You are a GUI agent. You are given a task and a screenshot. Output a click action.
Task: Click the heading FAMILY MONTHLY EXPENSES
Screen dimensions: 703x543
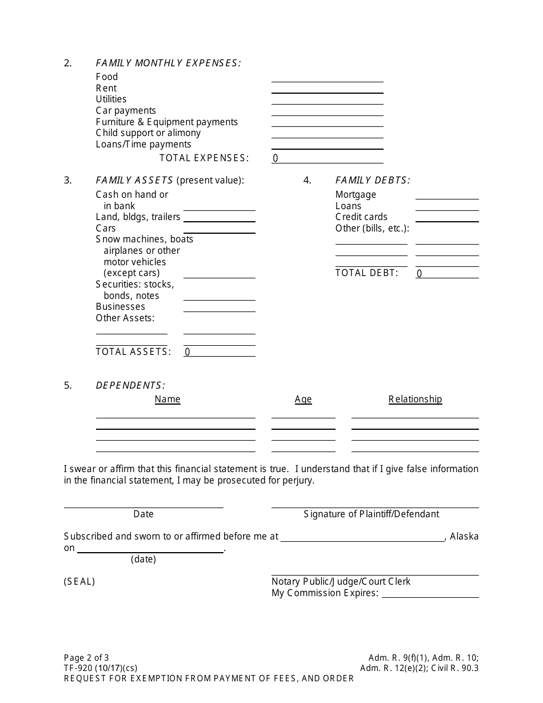pyautogui.click(x=168, y=63)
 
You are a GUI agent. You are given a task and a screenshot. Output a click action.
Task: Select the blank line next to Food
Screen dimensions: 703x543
pyautogui.click(x=327, y=78)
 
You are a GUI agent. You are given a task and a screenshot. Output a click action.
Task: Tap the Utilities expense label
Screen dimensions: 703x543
pyautogui.click(x=111, y=99)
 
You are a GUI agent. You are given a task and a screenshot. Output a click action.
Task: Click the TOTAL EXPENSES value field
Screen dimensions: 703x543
pyautogui.click(x=327, y=158)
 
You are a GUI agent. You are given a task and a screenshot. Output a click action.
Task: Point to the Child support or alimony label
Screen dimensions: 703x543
pyautogui.click(x=148, y=133)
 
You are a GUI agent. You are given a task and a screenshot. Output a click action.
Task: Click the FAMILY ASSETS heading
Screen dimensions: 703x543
pyautogui.click(x=134, y=181)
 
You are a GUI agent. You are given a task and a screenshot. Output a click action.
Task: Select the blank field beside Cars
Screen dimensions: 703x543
pyautogui.click(x=219, y=229)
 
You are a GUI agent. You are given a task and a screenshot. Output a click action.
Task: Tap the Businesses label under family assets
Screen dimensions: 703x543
pyautogui.click(x=120, y=307)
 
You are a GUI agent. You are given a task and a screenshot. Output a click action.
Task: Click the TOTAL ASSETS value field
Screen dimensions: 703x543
pyautogui.click(x=219, y=352)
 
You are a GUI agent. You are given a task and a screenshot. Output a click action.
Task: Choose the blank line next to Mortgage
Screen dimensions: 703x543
pyautogui.click(x=447, y=195)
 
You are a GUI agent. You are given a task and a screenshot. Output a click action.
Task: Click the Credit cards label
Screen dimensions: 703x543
pyautogui.click(x=361, y=217)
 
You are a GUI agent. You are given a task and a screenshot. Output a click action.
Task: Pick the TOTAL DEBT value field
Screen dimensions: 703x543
pyautogui.click(x=447, y=274)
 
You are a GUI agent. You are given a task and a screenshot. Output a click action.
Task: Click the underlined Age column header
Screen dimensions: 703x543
pyautogui.click(x=303, y=400)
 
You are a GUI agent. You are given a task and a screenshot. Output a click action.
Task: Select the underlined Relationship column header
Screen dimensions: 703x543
pyautogui.click(x=415, y=400)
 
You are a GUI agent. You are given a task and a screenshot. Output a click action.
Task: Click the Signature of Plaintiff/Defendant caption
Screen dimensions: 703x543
pyautogui.click(x=371, y=514)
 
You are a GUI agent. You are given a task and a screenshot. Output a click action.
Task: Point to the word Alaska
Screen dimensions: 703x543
pyautogui.click(x=465, y=537)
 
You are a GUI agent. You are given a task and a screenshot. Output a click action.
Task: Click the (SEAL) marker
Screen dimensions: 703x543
pyautogui.click(x=79, y=582)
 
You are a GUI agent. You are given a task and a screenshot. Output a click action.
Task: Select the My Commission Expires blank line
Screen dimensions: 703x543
pyautogui.click(x=430, y=593)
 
